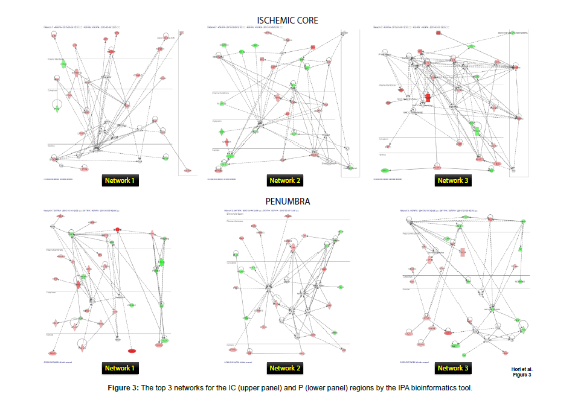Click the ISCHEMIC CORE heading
[x=287, y=21]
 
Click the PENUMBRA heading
[x=287, y=201]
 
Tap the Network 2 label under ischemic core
[x=282, y=180]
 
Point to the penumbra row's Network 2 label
[x=282, y=368]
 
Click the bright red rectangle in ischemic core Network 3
[x=428, y=97]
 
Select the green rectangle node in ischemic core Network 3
[x=477, y=130]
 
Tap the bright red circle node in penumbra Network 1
[x=118, y=230]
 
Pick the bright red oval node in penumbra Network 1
[x=132, y=351]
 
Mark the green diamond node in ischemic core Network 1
[x=57, y=109]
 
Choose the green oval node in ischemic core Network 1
[x=164, y=158]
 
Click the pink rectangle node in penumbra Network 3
[x=463, y=252]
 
